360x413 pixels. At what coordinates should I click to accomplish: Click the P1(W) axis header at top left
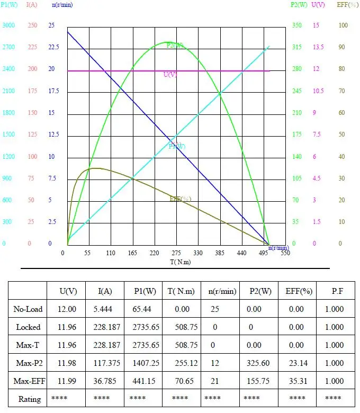click(x=9, y=5)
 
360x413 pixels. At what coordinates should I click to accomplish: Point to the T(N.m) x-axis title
click(x=180, y=262)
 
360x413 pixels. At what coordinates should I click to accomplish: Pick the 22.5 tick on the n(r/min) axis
click(x=53, y=48)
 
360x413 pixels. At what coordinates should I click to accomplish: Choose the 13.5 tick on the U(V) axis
click(x=318, y=48)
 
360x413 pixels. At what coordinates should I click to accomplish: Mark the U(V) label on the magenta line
click(x=170, y=75)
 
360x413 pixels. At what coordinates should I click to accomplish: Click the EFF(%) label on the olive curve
click(x=180, y=199)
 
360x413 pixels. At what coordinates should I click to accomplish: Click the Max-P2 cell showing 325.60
click(x=259, y=363)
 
